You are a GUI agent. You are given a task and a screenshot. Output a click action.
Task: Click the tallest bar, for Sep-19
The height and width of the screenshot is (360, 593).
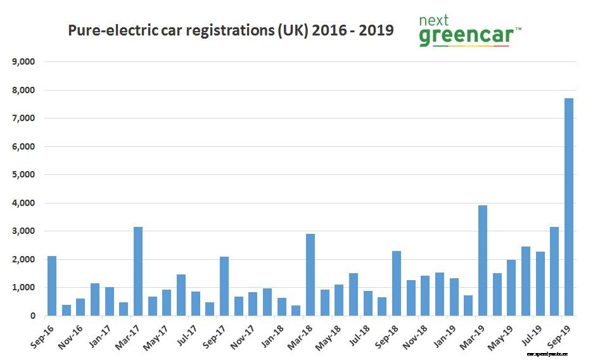[x=569, y=207]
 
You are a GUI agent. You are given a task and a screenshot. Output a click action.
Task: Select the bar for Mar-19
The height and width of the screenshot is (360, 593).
[x=483, y=260]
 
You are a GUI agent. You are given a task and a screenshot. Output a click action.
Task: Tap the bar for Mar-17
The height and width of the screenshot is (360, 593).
[x=138, y=271]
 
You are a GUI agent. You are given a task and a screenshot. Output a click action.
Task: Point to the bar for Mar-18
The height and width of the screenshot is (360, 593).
[x=310, y=275]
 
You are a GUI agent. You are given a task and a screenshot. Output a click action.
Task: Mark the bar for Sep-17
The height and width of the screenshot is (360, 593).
[x=224, y=286]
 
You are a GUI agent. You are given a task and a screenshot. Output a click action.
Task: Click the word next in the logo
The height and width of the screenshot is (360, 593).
[x=433, y=20]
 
